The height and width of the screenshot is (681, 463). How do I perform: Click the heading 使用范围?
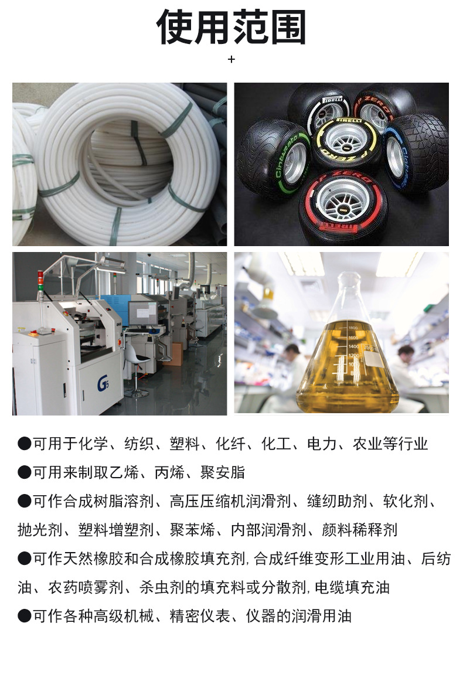pos(231,28)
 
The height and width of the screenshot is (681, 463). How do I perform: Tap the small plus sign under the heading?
pos(231,59)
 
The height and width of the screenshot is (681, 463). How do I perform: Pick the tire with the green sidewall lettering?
pos(273,157)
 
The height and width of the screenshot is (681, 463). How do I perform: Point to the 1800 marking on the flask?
pos(352,328)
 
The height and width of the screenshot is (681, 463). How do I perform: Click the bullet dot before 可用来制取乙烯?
pos(24,472)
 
